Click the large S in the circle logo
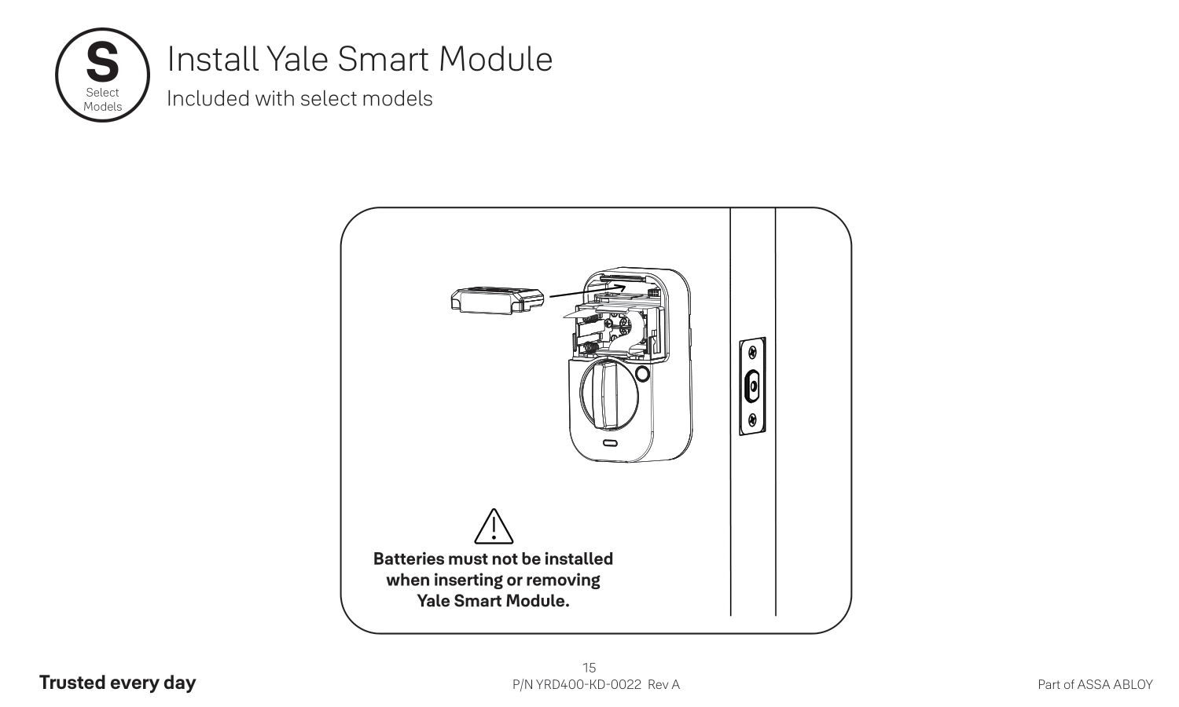[x=102, y=63]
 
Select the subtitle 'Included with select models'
[x=299, y=99]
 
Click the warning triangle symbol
[x=494, y=527]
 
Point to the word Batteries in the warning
[x=409, y=559]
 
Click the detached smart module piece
[x=497, y=301]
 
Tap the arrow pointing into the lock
[x=586, y=291]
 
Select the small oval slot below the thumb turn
[x=611, y=444]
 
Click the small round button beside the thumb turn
[x=642, y=374]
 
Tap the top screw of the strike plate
[x=752, y=352]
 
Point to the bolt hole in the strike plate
[x=752, y=386]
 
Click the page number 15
[x=589, y=668]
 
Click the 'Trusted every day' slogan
[x=117, y=683]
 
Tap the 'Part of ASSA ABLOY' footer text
[x=1095, y=684]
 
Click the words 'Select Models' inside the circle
[x=102, y=100]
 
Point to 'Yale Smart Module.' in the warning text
[x=493, y=601]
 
